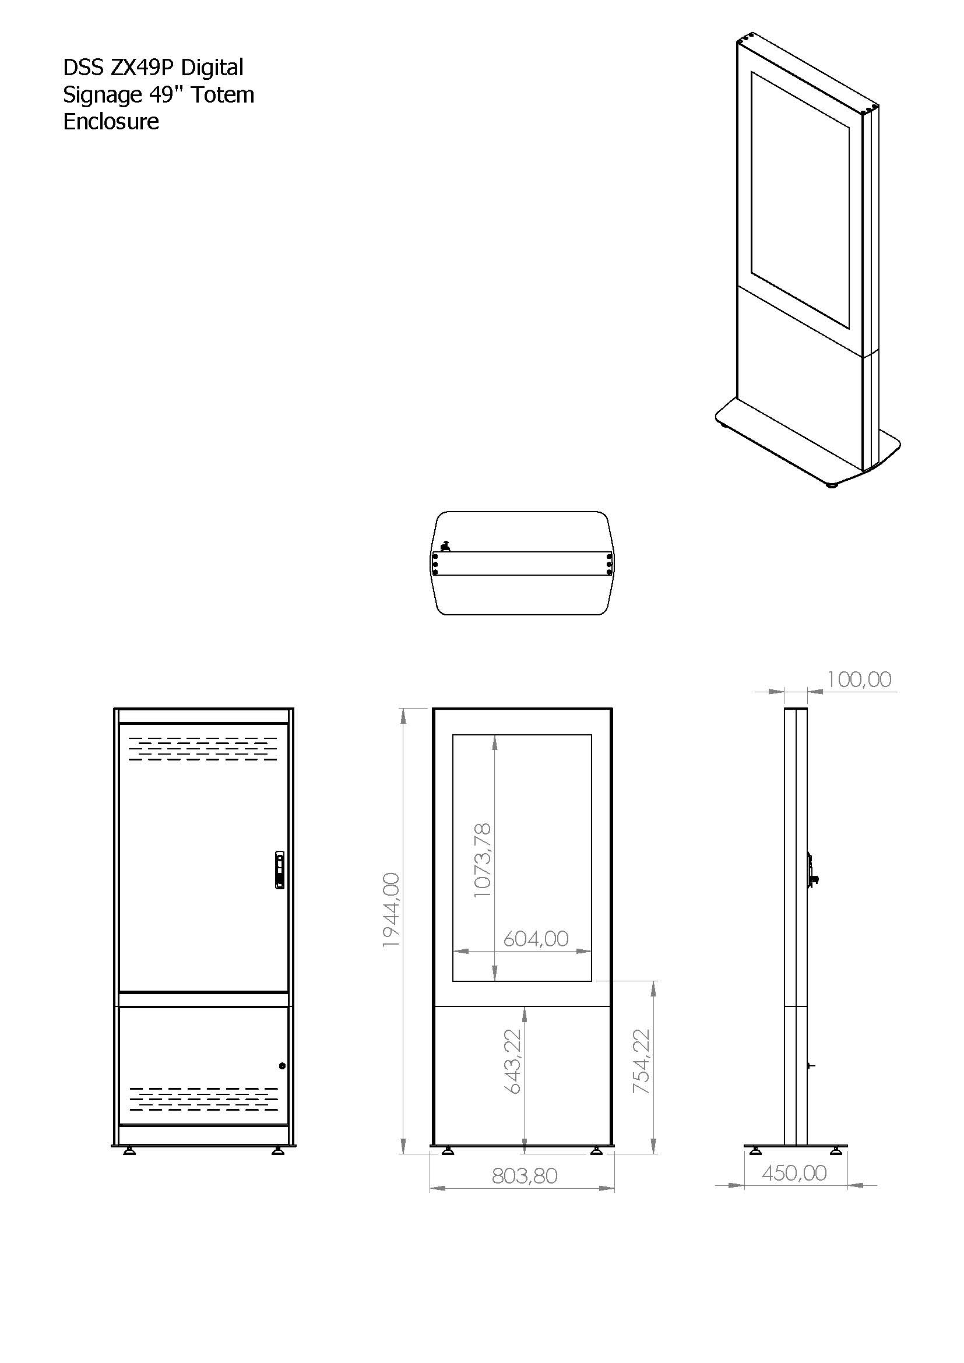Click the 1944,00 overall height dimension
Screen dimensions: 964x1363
[391, 910]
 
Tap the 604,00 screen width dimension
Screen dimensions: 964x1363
[536, 939]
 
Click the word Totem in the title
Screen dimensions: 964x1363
[223, 94]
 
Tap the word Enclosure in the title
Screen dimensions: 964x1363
[111, 121]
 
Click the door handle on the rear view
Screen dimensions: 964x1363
[280, 869]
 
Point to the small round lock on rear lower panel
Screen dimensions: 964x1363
[282, 1066]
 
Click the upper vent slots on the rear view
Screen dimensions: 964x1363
[203, 749]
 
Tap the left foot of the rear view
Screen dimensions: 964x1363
[129, 1151]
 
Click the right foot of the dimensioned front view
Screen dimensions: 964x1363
[598, 1151]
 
